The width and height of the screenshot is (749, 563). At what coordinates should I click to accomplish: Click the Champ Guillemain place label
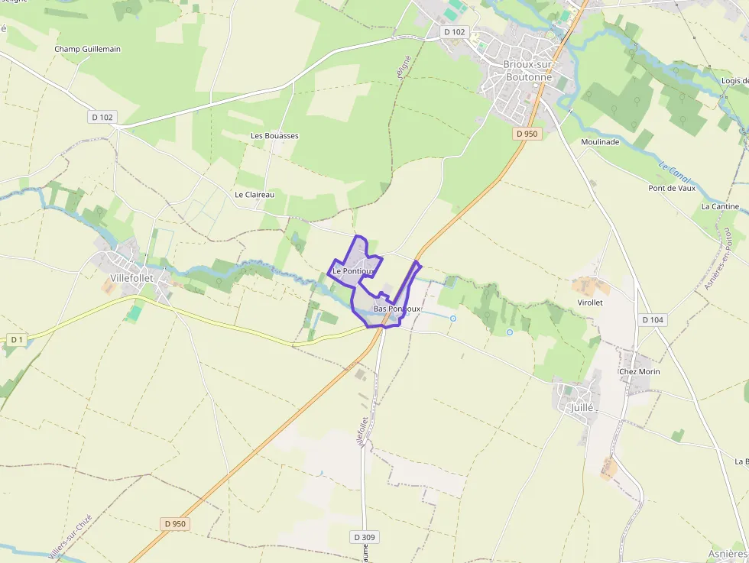(87, 49)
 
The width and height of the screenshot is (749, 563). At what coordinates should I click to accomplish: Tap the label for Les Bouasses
(274, 135)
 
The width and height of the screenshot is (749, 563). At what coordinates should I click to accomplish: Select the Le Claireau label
(255, 195)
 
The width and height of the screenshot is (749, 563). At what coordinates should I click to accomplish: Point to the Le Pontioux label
(353, 270)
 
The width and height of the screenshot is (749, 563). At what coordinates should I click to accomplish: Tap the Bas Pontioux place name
(397, 309)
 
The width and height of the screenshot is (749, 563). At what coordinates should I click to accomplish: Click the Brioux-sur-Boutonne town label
(527, 70)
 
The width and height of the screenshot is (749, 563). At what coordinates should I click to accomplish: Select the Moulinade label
(600, 142)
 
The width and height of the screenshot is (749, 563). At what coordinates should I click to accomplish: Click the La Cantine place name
(720, 207)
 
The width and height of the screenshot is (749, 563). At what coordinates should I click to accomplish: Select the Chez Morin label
(640, 372)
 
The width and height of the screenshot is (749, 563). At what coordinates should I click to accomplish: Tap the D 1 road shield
(15, 338)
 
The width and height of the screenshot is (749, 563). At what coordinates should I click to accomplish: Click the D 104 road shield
(653, 319)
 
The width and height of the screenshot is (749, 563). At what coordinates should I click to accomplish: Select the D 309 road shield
(365, 537)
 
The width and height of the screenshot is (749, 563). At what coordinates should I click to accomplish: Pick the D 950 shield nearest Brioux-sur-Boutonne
(527, 133)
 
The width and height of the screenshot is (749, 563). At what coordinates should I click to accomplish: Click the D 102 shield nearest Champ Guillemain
(102, 117)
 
